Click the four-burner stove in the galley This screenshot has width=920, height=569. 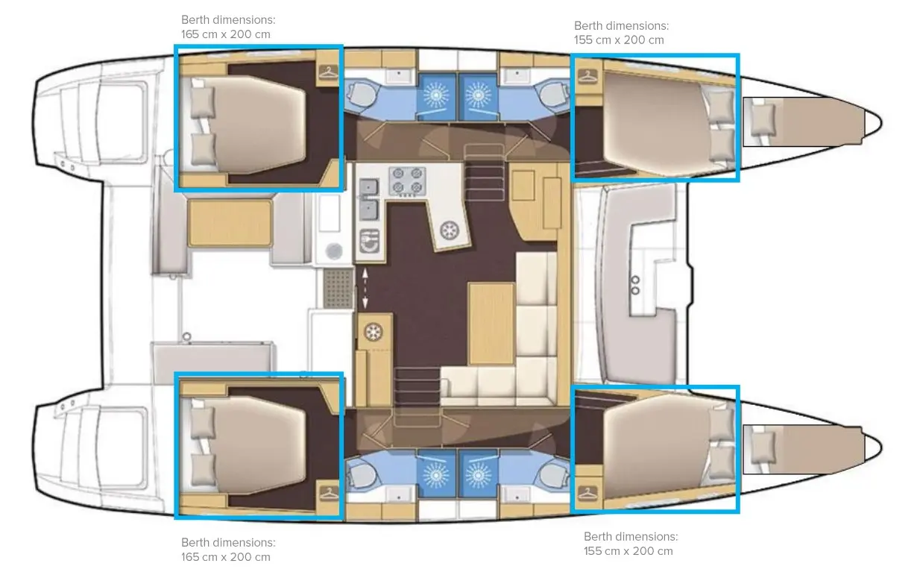[x=407, y=181]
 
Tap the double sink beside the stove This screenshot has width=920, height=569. [x=369, y=199]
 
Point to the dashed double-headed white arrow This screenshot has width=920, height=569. [x=365, y=289]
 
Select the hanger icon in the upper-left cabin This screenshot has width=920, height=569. [x=329, y=72]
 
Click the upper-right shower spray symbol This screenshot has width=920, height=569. [x=478, y=95]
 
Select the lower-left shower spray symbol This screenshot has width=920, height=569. [x=435, y=475]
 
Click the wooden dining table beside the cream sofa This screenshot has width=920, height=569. [x=491, y=324]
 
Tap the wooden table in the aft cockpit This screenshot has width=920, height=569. [x=230, y=223]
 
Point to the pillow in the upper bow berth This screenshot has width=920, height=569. [x=763, y=120]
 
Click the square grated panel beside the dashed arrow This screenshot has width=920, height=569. [x=338, y=288]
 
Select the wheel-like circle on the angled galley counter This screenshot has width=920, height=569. [x=450, y=230]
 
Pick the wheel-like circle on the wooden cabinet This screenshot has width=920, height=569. [x=374, y=332]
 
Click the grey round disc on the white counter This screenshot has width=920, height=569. [x=334, y=250]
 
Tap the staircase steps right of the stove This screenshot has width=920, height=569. [x=485, y=172]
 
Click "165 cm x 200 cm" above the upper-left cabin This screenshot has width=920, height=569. [x=225, y=34]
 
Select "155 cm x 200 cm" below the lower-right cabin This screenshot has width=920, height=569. [x=628, y=551]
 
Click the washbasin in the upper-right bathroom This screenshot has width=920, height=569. [x=517, y=75]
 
